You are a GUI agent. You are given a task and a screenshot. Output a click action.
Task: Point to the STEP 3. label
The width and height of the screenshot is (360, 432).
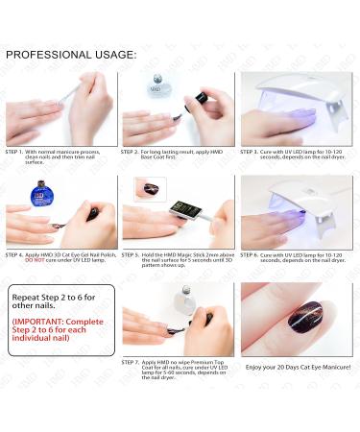[x=252, y=151]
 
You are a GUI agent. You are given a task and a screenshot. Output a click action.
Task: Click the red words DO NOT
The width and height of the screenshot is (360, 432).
[x=20, y=260]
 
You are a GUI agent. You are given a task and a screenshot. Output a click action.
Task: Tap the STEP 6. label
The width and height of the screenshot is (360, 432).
[x=252, y=254]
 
